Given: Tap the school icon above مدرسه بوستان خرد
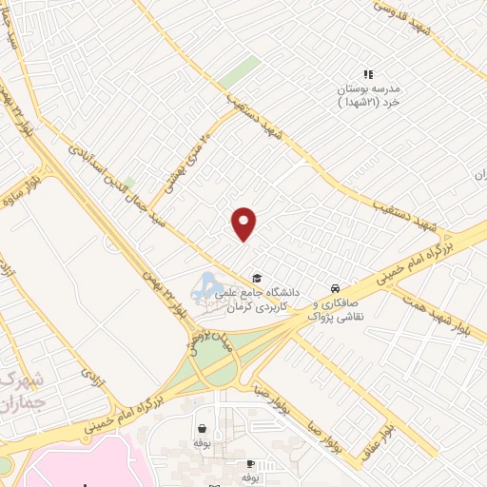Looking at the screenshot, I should (x=368, y=74).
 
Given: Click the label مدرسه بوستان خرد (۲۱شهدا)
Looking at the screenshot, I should (x=367, y=94).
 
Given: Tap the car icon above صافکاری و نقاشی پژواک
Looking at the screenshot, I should (x=334, y=287).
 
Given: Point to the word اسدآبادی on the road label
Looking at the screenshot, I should (x=84, y=152).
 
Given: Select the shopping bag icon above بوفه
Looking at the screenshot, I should (x=201, y=428).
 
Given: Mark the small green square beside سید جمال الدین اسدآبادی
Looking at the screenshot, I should (x=128, y=182).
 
